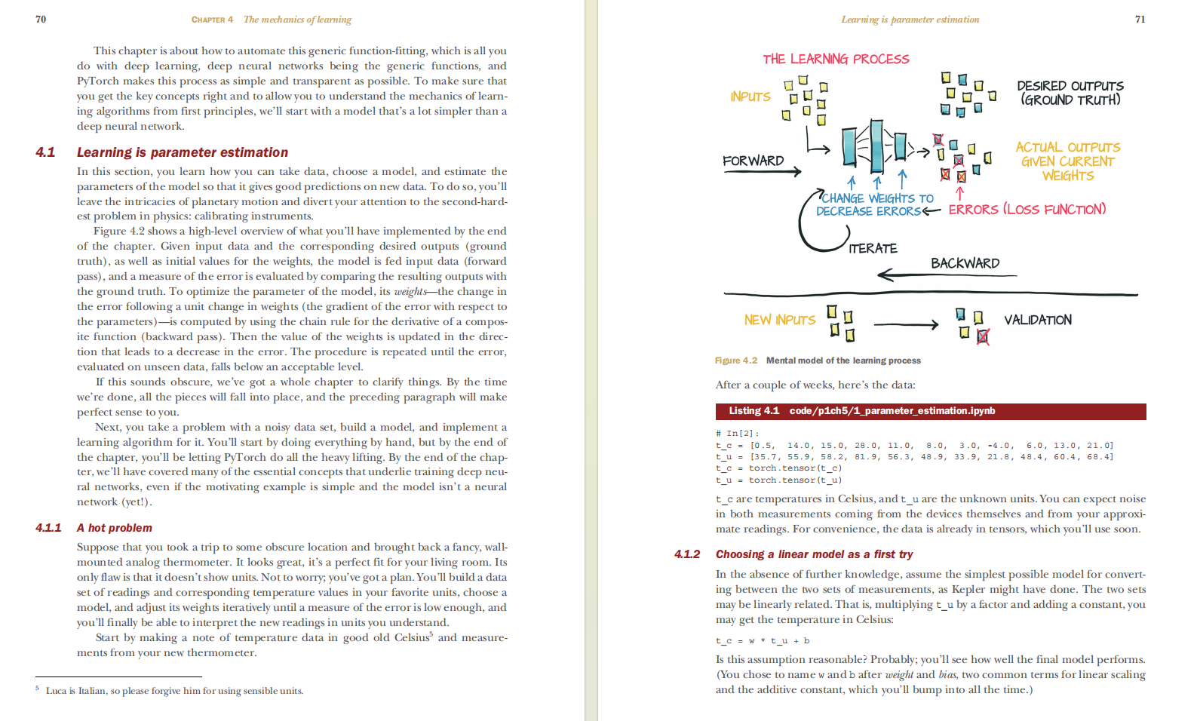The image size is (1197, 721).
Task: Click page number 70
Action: (x=41, y=20)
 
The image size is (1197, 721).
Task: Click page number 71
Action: (x=1140, y=20)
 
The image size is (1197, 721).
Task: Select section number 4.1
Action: (x=45, y=152)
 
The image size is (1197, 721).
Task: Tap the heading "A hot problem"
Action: (x=114, y=528)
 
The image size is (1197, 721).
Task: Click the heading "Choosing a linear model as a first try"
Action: (x=814, y=554)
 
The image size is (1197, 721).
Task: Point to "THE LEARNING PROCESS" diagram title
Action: (x=836, y=59)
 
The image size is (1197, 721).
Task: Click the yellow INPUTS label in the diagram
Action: (x=750, y=97)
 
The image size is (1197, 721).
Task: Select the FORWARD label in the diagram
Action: (x=753, y=161)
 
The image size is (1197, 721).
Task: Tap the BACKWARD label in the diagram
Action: (x=965, y=263)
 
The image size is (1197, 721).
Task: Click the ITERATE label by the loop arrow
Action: (x=873, y=248)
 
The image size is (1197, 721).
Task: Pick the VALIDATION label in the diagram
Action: (x=1037, y=320)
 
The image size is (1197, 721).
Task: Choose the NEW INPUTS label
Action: (x=779, y=320)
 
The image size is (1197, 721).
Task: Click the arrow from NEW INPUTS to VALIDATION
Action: (x=905, y=325)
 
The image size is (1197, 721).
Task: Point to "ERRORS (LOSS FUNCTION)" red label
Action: (x=1027, y=210)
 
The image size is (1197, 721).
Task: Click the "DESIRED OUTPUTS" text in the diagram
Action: (x=1070, y=86)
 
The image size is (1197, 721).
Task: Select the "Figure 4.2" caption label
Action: (x=735, y=360)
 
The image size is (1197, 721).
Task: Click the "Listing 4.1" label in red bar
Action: (x=753, y=411)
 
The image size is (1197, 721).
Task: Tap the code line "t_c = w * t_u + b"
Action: (x=762, y=641)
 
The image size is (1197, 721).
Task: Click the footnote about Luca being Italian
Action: (x=174, y=691)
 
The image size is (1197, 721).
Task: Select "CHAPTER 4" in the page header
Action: (x=212, y=20)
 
